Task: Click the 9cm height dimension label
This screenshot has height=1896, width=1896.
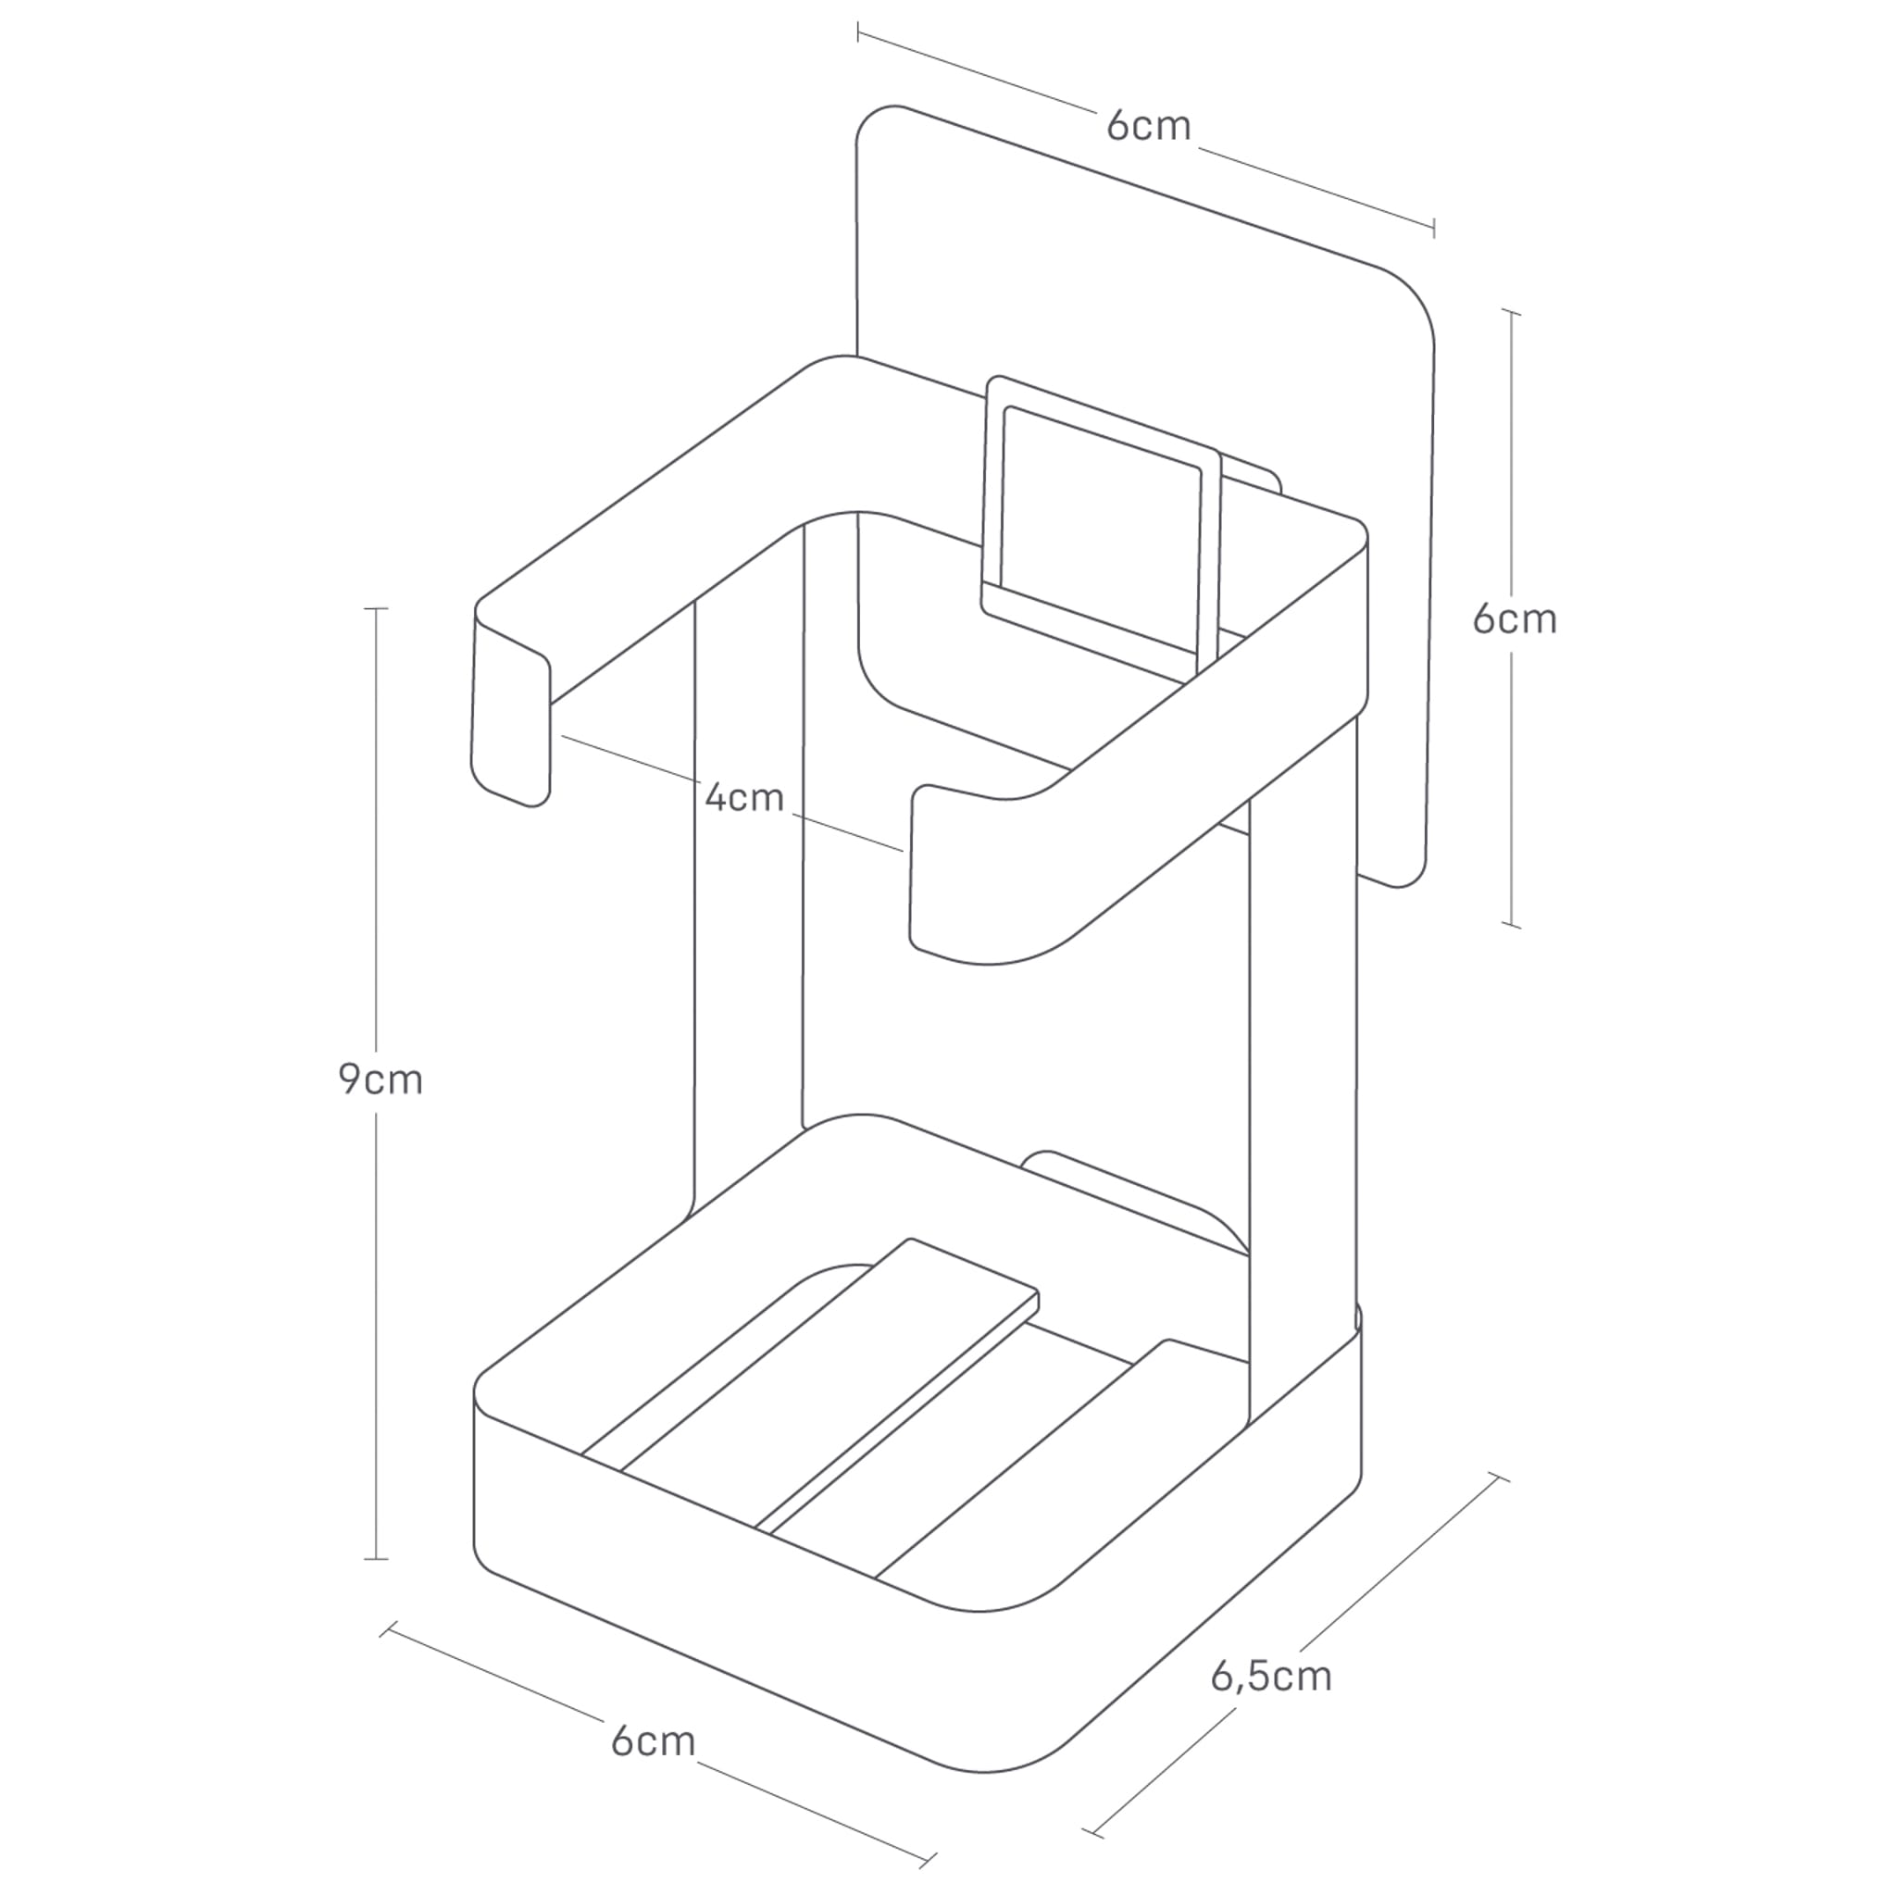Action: [x=380, y=1079]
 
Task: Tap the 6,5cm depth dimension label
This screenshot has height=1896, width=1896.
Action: [x=1271, y=1675]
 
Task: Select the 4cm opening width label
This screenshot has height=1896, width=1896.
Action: [x=744, y=797]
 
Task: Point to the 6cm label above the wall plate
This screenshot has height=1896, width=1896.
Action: [x=1147, y=127]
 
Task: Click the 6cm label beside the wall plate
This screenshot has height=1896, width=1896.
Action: [x=1515, y=619]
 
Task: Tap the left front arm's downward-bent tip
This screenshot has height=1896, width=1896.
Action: [x=510, y=726]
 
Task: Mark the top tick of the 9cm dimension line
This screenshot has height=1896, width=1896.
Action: [x=376, y=608]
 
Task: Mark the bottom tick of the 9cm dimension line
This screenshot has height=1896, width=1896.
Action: [x=376, y=1558]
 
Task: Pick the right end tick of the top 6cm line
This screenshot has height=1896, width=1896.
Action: [x=1434, y=228]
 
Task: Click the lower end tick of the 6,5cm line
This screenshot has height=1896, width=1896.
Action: [x=1091, y=1832]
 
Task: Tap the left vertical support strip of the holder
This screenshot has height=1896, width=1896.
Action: [x=748, y=883]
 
